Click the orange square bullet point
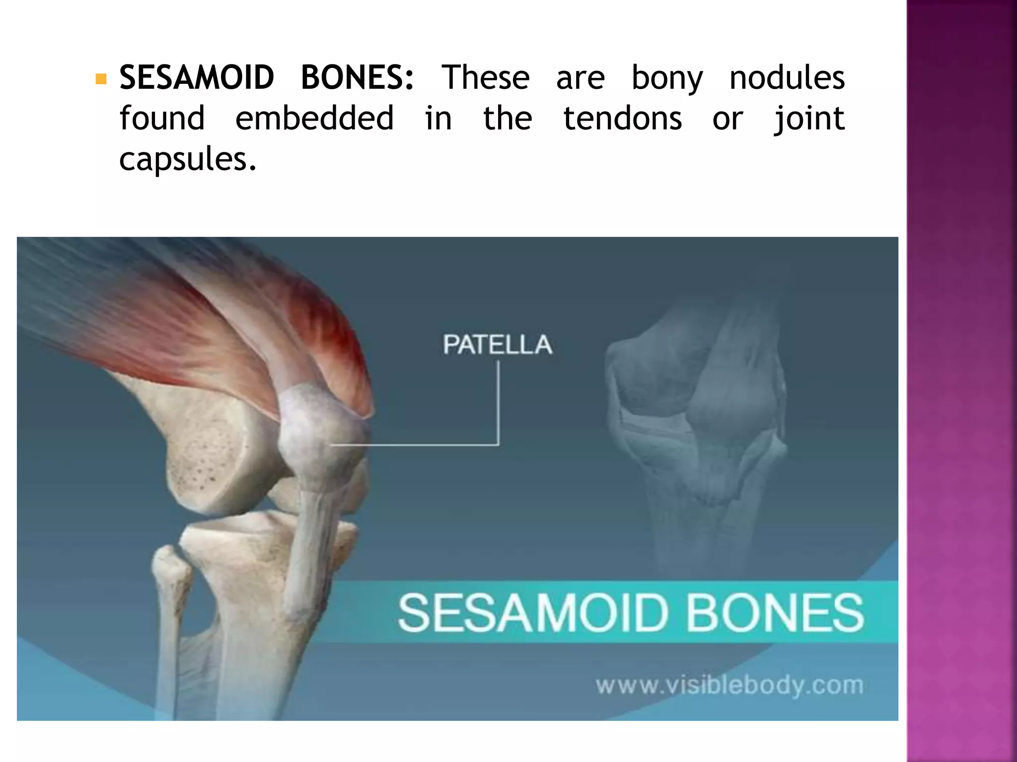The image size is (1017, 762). [x=101, y=79]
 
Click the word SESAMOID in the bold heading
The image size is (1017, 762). [x=197, y=78]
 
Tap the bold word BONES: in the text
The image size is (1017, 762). [x=357, y=78]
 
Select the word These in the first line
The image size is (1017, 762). [x=486, y=78]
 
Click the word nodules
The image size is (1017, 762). [x=787, y=78]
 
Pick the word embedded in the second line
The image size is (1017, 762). [x=314, y=119]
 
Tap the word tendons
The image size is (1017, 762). [x=623, y=119]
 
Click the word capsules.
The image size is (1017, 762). [x=188, y=160]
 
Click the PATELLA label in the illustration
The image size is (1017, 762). [x=498, y=344]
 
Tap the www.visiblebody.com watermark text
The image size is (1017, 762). [x=729, y=686]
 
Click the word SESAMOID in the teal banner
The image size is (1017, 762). [x=531, y=613]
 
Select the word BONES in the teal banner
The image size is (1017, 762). [x=775, y=613]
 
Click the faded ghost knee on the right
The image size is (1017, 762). [x=695, y=422]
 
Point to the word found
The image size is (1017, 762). [x=162, y=119]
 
